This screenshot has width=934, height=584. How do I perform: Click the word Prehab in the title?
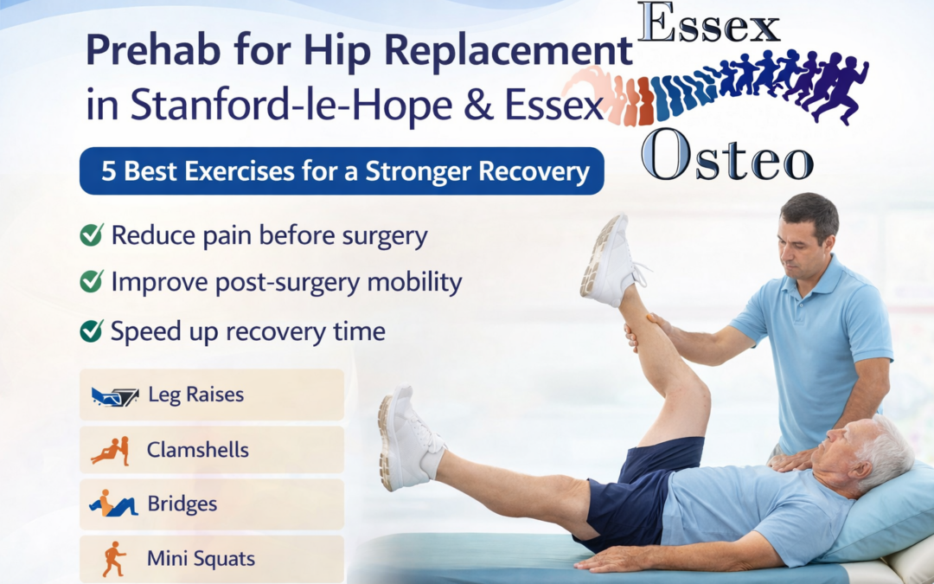(x=154, y=51)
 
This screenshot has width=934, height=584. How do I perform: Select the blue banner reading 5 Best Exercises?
(x=342, y=171)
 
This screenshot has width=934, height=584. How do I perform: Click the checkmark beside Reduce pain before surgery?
(x=92, y=234)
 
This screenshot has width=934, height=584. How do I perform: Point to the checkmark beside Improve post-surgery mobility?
(x=92, y=281)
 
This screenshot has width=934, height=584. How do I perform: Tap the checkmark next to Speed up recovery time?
(x=92, y=331)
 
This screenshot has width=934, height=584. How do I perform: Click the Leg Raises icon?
(x=115, y=395)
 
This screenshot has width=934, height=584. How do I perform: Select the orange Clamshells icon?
(x=111, y=451)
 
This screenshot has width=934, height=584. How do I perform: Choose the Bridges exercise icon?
(x=113, y=504)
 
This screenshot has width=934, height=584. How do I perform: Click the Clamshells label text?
(x=198, y=450)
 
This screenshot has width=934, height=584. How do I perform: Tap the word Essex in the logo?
(x=708, y=23)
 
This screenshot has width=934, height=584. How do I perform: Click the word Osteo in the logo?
(x=727, y=156)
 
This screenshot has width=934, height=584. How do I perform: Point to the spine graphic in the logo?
(x=715, y=88)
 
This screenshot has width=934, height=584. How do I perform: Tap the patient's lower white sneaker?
(x=408, y=437)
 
